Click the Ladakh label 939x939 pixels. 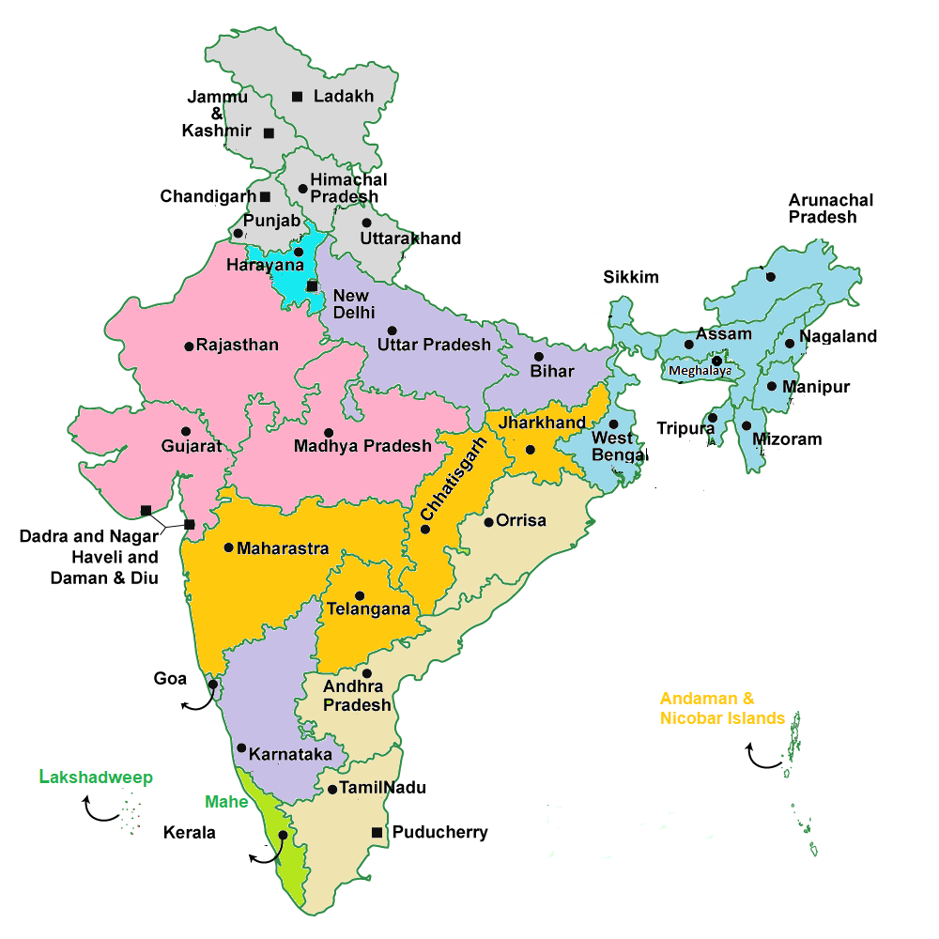tap(344, 96)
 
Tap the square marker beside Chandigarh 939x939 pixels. tap(266, 196)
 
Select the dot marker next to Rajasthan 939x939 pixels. tap(189, 346)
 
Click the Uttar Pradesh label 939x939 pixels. tap(434, 345)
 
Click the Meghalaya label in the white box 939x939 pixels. tap(700, 371)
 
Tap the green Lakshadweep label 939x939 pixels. tap(96, 777)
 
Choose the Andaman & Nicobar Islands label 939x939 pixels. tap(721, 709)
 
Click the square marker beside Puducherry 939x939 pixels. tap(377, 832)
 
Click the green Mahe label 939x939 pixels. tap(226, 802)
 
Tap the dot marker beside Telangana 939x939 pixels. tap(359, 595)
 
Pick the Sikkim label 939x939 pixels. tap(631, 277)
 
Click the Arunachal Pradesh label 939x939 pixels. tap(830, 208)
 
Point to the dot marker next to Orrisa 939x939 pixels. tap(488, 522)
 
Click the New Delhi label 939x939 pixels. tap(353, 304)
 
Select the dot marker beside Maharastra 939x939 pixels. tap(228, 547)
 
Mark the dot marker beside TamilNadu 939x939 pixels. tap(332, 790)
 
